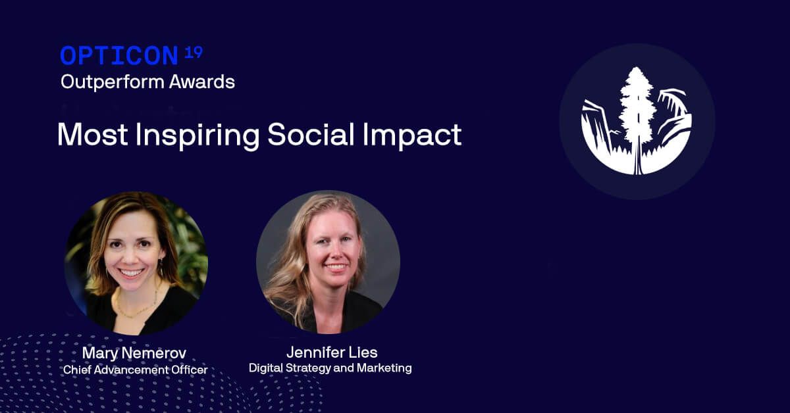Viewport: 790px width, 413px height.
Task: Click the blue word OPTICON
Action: pos(119,56)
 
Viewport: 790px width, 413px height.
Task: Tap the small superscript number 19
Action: pos(194,53)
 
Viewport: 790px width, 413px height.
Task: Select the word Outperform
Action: pos(113,83)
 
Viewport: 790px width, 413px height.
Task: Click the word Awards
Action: pos(202,82)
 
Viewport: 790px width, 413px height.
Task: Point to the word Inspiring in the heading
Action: pos(197,135)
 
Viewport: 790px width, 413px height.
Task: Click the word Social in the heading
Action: pos(311,134)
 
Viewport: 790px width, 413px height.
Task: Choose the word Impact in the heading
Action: pos(412,135)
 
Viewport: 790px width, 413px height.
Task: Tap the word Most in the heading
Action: pos(92,134)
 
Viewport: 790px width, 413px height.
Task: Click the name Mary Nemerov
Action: pos(134,353)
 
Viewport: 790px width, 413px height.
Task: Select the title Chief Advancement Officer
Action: pos(136,370)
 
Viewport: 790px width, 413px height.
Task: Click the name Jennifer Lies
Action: pos(332,352)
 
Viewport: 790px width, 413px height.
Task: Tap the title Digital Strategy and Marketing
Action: pos(330,368)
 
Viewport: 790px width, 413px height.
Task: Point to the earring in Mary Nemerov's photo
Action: pos(161,267)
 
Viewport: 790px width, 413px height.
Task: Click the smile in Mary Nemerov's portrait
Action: pos(131,272)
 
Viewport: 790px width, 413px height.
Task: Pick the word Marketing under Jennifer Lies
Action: pos(384,368)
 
